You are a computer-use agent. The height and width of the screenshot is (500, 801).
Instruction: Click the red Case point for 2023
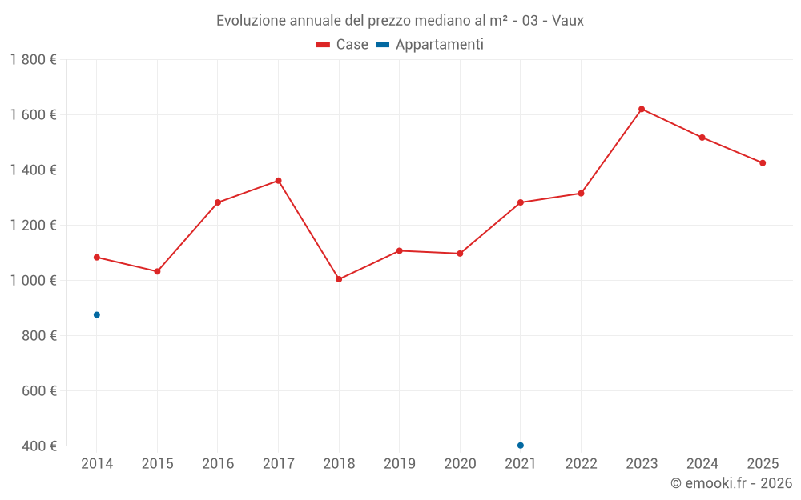click(x=642, y=109)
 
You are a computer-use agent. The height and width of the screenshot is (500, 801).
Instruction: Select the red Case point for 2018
click(x=339, y=279)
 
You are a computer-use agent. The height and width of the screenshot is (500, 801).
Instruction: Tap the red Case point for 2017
click(x=278, y=181)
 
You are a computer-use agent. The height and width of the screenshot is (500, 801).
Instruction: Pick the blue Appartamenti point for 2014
click(x=97, y=314)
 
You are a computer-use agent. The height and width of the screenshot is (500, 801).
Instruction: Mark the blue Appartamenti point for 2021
click(x=521, y=446)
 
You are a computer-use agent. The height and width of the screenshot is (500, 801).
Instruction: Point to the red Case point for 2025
click(x=763, y=163)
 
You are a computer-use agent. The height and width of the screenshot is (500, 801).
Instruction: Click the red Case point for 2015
click(x=157, y=271)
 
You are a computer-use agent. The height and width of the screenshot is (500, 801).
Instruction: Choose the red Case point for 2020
click(x=460, y=254)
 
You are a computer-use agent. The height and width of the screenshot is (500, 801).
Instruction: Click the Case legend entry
click(x=343, y=45)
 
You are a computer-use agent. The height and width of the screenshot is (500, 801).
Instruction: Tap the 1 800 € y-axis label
click(x=34, y=60)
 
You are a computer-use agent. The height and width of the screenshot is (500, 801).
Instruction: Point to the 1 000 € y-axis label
click(x=34, y=281)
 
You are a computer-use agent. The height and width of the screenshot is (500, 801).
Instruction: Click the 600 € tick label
click(x=39, y=391)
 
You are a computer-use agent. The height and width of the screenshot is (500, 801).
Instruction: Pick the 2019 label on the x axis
click(x=400, y=464)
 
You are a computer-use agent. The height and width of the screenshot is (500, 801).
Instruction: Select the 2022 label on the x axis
click(x=582, y=464)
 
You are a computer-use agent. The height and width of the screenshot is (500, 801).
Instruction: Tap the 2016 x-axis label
click(x=218, y=464)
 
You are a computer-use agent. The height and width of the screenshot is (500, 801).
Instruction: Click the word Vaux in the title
click(x=568, y=20)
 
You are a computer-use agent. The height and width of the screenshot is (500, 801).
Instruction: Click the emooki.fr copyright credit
click(x=731, y=483)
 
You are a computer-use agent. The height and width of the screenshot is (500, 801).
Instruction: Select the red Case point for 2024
click(x=702, y=138)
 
